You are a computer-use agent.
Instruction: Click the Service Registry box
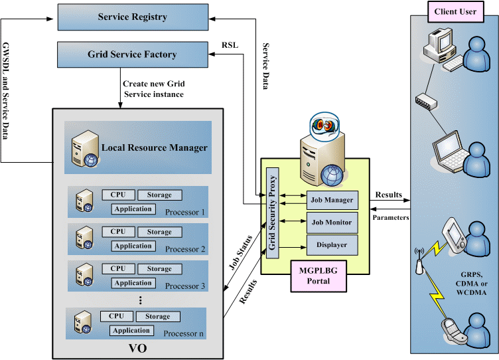point(133,17)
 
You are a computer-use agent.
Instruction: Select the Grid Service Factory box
point(133,54)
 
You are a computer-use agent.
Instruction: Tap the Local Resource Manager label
point(154,147)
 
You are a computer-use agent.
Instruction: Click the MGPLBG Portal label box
point(319,276)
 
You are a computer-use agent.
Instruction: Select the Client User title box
point(455,11)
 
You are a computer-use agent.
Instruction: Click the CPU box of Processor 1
point(117,195)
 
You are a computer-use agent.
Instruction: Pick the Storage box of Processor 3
point(159,269)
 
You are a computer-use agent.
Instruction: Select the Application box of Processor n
point(131,330)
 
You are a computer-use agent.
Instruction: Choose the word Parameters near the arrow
point(391,217)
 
